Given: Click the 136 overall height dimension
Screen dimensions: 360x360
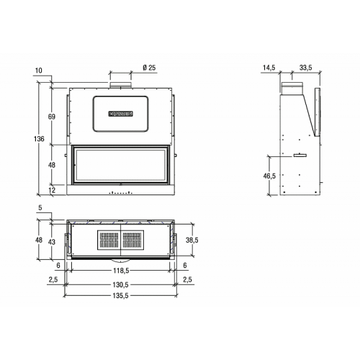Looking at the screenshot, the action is tap(39, 139).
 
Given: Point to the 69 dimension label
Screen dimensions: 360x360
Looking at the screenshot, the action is tap(52, 117).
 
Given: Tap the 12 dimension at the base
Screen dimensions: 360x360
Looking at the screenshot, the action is tap(52, 190).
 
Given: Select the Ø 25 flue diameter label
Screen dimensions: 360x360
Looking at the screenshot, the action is tap(149, 68).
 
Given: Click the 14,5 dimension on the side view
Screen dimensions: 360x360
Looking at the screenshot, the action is tap(269, 68).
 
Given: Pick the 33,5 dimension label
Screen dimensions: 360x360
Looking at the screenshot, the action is tap(305, 68).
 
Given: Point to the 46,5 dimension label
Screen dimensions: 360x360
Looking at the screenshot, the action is tap(269, 176).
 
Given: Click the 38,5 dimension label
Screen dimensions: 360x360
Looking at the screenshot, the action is tap(192, 240).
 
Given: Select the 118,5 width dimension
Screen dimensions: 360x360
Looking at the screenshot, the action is tap(121, 271).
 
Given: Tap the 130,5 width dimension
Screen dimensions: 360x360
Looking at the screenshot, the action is tap(121, 285).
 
